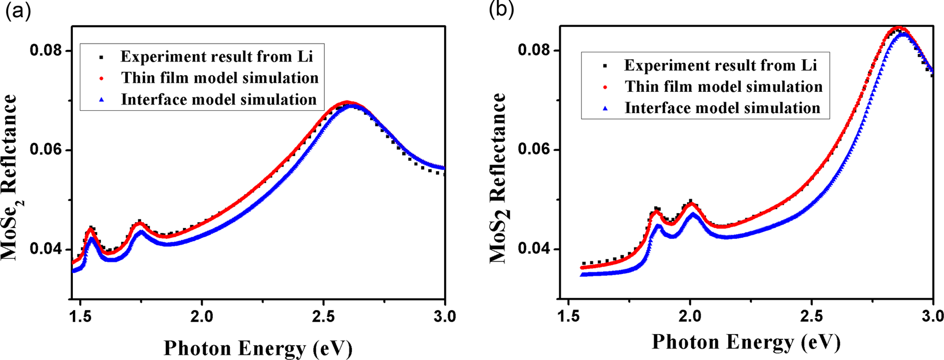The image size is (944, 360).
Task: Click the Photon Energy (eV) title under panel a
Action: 258,348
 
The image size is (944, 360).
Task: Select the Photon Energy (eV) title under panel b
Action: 746,343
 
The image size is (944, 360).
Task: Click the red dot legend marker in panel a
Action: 102,78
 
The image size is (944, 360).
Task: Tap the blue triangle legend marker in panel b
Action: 605,109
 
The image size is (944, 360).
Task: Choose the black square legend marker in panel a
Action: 102,57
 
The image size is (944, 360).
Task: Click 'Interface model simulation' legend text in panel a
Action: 219,99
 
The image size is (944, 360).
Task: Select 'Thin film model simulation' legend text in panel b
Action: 724,87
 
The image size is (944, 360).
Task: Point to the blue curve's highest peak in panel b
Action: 904,33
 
